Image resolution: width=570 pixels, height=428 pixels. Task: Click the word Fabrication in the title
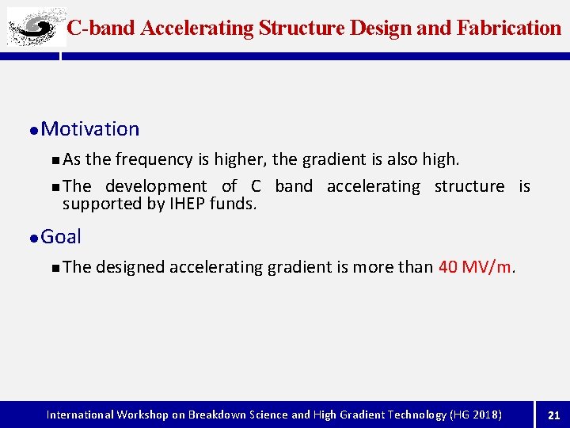pyautogui.click(x=509, y=29)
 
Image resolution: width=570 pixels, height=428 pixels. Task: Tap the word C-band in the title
pyautogui.click(x=101, y=29)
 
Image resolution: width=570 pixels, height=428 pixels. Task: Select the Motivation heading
pyautogui.click(x=89, y=129)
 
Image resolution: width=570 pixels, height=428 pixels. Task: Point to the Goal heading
pyautogui.click(x=61, y=236)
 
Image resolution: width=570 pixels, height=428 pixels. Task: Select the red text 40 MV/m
pyautogui.click(x=475, y=267)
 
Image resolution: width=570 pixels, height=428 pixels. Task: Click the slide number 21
pyautogui.click(x=553, y=415)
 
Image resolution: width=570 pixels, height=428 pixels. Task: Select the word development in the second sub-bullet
pyautogui.click(x=156, y=186)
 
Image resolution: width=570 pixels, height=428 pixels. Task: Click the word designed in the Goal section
pyautogui.click(x=131, y=267)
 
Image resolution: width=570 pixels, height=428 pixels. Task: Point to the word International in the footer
pyautogui.click(x=81, y=415)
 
